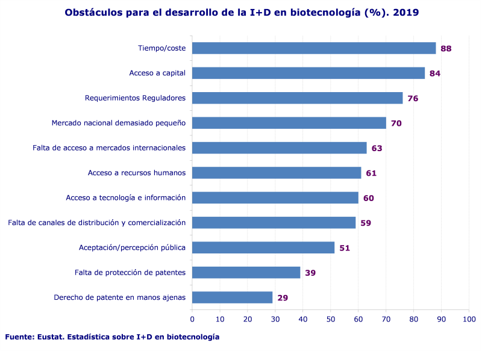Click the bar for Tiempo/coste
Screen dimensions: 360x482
coord(313,48)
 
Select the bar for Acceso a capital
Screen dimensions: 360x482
coord(308,73)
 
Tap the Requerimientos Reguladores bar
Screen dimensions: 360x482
coord(297,98)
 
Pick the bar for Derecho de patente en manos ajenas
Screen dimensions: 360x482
coord(232,297)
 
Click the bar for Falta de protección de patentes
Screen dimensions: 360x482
coord(246,273)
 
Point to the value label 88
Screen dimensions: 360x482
coord(446,48)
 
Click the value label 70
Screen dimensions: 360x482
coord(396,123)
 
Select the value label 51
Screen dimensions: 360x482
coord(345,248)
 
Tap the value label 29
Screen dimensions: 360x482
coord(283,298)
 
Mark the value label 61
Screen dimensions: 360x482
coord(371,173)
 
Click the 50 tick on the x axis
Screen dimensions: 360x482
coord(331,319)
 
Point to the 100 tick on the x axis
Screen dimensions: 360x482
coord(469,319)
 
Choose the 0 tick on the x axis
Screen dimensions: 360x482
coord(192,319)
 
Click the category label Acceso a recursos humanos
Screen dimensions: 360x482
coord(136,173)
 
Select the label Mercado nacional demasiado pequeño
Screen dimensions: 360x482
coord(118,123)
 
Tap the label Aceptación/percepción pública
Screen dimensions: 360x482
coord(132,247)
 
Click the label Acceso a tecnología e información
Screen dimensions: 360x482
coord(125,197)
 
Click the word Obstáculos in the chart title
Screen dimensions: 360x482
coord(92,12)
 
